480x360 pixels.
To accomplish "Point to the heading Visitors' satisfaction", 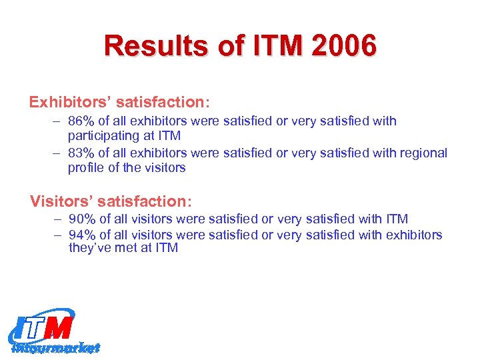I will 111,201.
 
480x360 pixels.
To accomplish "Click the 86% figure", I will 81,121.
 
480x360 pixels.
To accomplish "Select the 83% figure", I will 81,153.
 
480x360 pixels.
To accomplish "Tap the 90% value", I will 81,219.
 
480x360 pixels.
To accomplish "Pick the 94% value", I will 81,235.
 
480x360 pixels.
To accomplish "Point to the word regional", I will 423,153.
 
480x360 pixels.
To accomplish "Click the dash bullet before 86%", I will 57,121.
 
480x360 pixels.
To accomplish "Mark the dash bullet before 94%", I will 57,235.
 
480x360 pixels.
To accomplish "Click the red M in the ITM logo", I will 59,328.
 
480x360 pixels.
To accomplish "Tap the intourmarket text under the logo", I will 57,347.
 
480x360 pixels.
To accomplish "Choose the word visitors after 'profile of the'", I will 165,168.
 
